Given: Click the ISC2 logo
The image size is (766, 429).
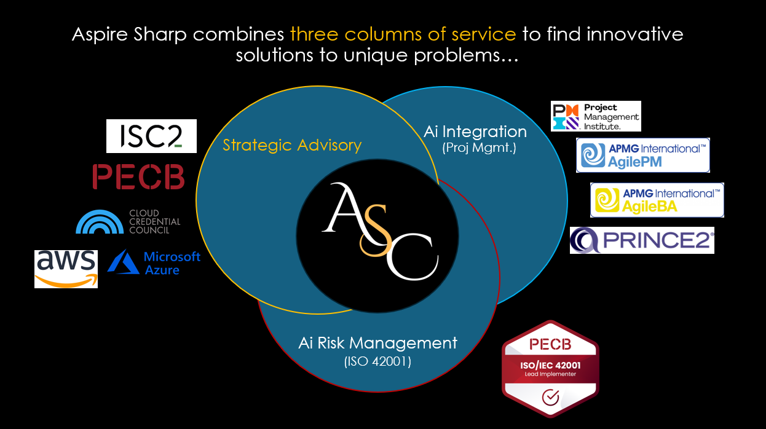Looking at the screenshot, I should (x=151, y=136).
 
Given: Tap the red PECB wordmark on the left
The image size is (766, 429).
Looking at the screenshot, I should (x=138, y=176).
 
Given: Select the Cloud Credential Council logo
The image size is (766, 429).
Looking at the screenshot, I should (x=128, y=222).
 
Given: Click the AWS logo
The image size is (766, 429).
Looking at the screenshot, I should (x=66, y=268).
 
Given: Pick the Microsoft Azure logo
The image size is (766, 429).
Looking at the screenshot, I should (x=154, y=262).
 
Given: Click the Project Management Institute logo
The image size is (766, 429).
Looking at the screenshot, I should (x=596, y=116).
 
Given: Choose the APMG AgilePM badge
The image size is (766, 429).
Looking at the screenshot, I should (x=643, y=155).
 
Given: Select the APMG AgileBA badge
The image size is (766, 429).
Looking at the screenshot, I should (x=657, y=200).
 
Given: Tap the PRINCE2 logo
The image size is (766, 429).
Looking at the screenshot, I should (x=642, y=240).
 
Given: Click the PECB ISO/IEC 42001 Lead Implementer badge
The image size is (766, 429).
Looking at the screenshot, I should (x=550, y=369).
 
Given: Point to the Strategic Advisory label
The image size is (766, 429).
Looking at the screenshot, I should (x=292, y=145).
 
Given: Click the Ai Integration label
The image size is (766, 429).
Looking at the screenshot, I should (x=475, y=132).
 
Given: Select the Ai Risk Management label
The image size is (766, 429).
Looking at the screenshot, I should (x=377, y=342).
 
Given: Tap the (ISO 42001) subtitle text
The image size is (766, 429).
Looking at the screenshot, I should (x=377, y=362).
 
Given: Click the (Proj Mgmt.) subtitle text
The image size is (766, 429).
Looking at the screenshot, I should (x=475, y=148).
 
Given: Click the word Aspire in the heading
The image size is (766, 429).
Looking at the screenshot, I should (x=101, y=34).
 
